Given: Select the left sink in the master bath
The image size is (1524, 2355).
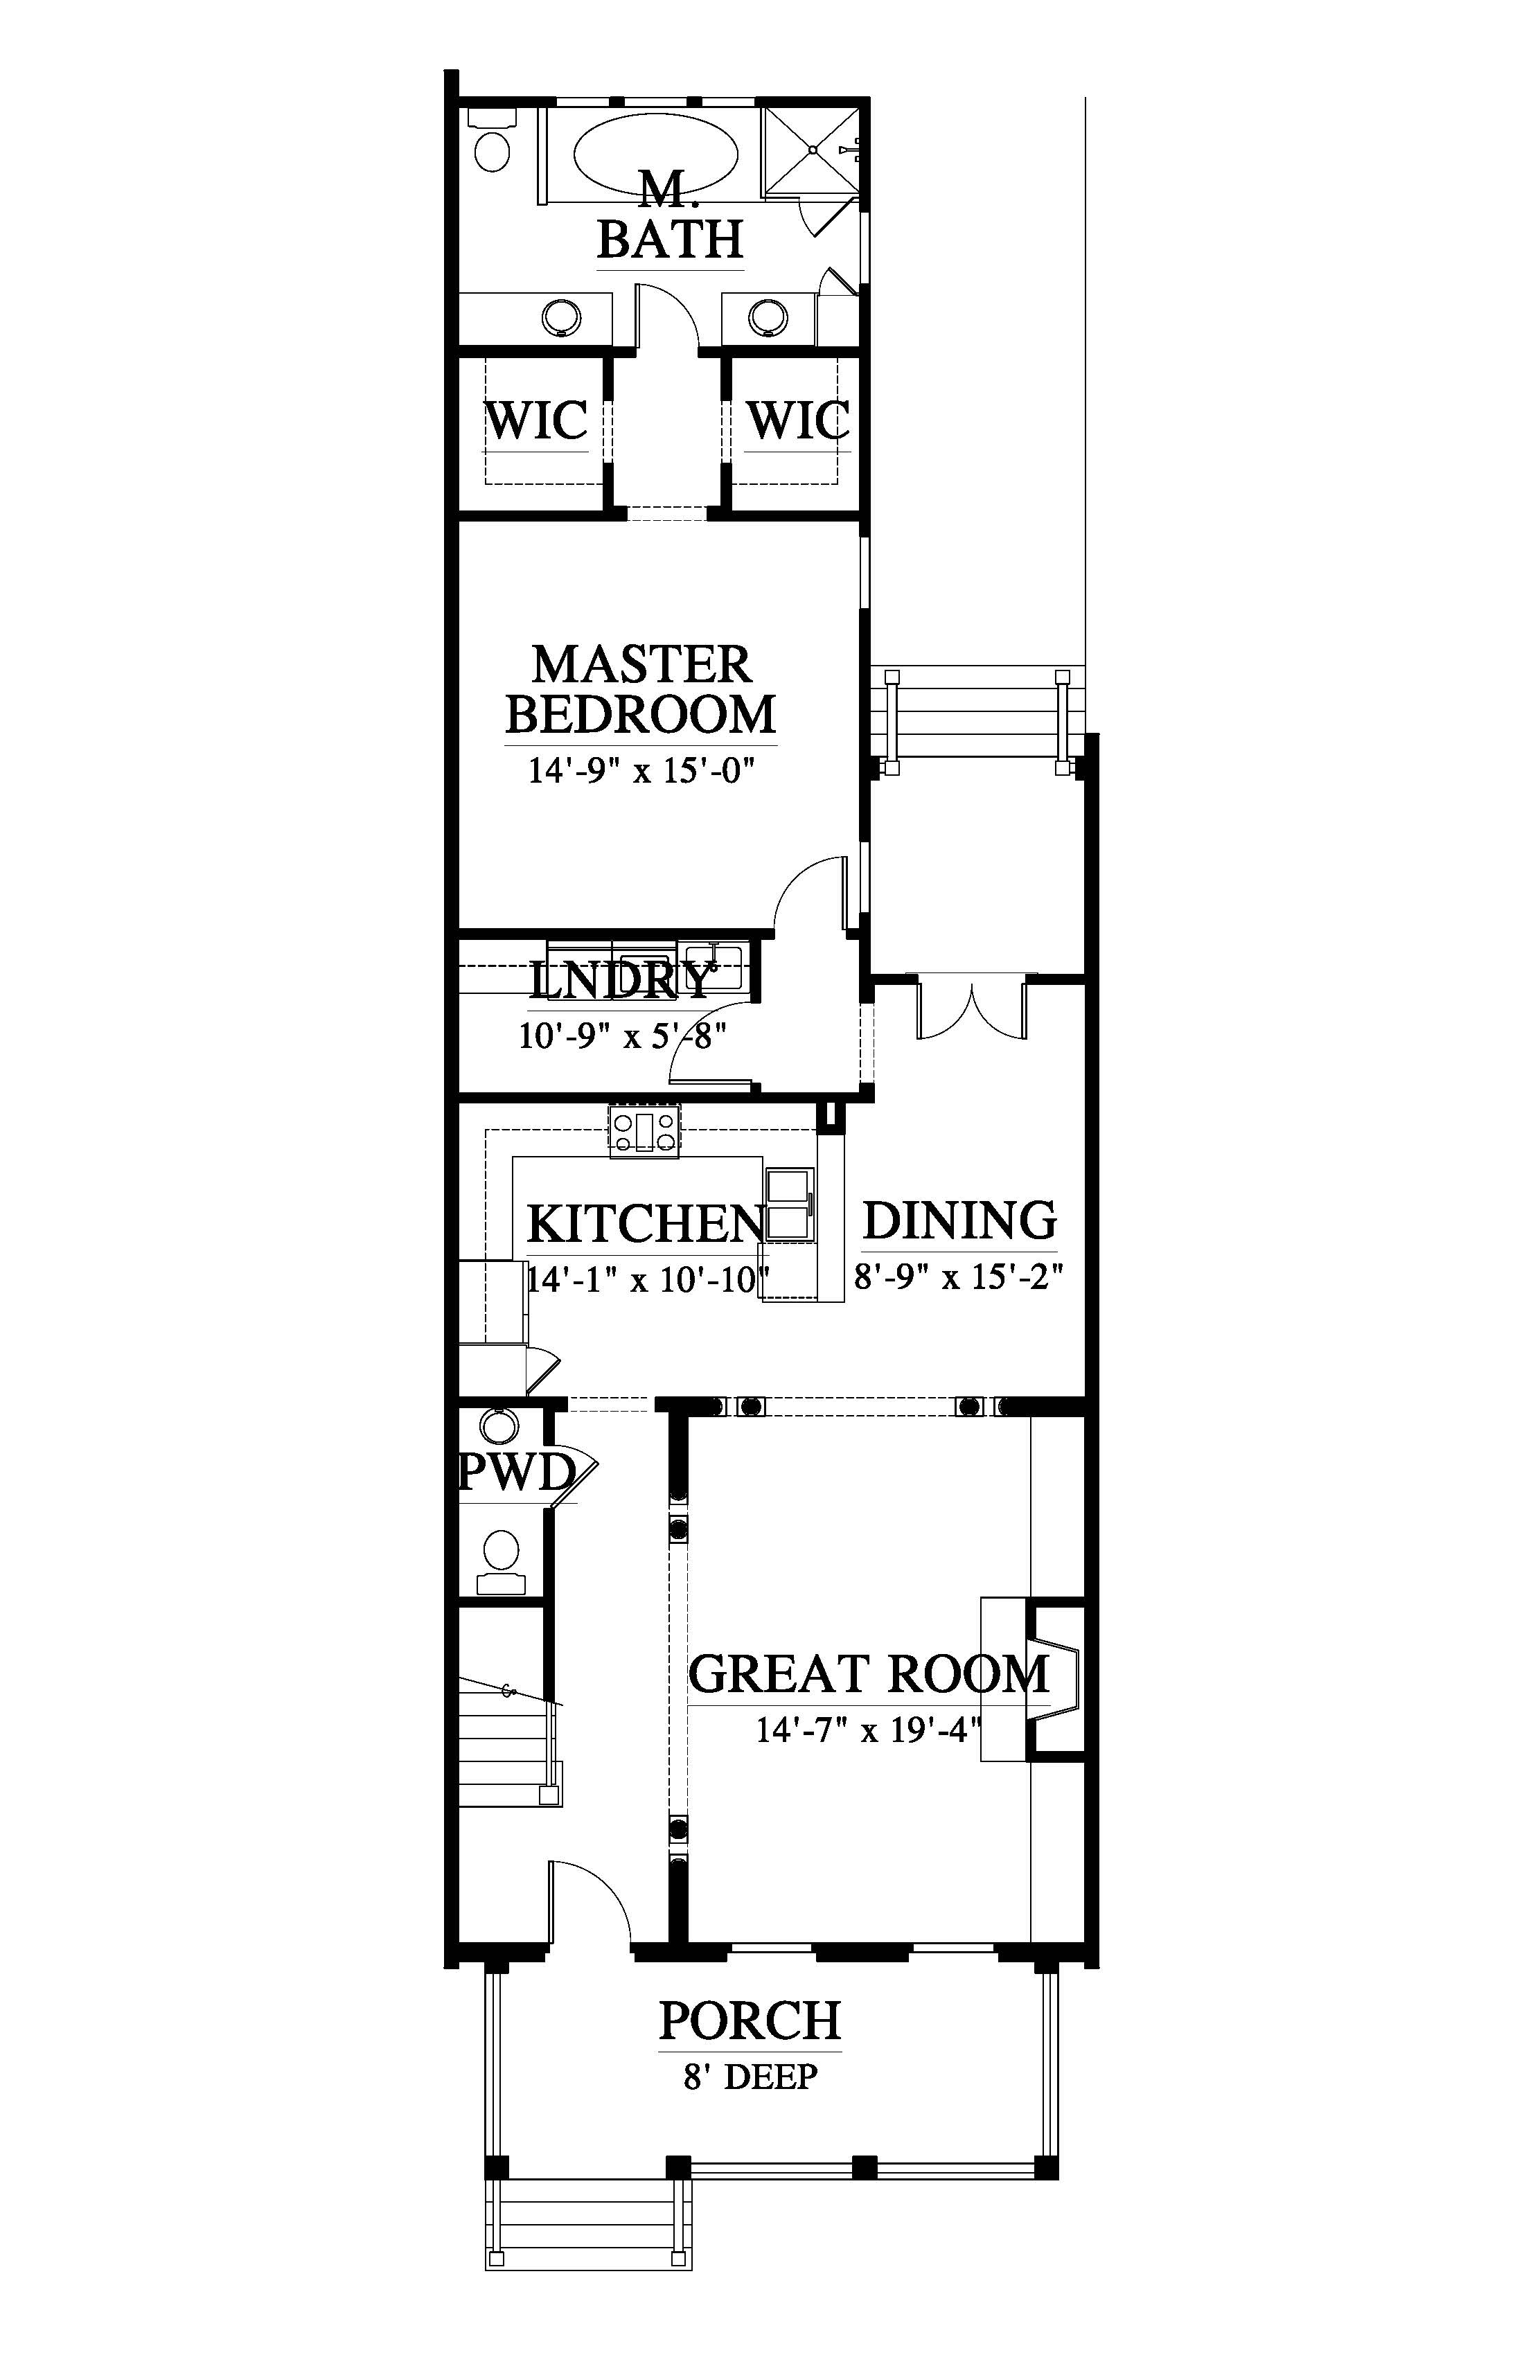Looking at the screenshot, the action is [562, 317].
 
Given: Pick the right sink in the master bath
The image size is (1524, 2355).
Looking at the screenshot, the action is [768, 317].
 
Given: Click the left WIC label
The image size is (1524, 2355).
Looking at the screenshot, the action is [536, 420].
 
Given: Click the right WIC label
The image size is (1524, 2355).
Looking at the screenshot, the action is [797, 420].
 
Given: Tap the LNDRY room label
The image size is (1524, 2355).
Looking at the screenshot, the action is [621, 981].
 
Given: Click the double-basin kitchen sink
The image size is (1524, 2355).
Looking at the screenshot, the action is [790, 1202].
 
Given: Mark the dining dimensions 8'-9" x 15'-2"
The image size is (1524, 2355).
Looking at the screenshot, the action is [959, 1277].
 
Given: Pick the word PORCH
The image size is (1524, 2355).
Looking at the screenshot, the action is [750, 2020].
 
